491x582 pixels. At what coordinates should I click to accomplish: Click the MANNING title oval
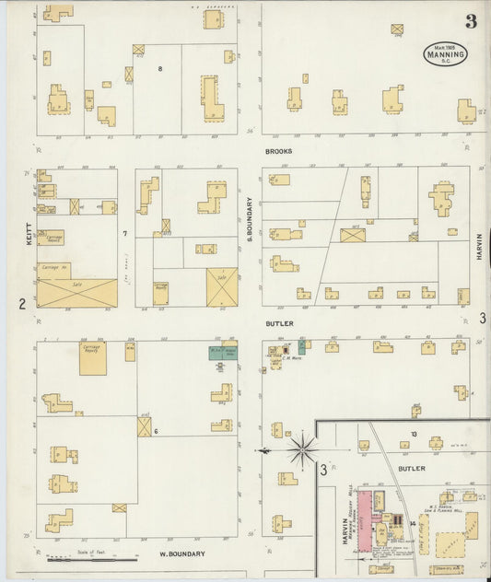[445, 54]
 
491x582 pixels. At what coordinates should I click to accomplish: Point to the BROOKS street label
[279, 150]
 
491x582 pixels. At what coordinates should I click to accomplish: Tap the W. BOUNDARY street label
[181, 554]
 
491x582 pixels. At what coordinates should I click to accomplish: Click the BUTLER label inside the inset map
[412, 468]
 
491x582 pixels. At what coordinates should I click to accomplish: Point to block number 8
[160, 69]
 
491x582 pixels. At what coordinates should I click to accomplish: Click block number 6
[157, 431]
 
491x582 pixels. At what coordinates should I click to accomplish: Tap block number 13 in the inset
[415, 433]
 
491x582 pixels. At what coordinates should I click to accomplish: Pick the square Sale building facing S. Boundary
[221, 286]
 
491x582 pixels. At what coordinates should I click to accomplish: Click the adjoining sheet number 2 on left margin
[20, 304]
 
